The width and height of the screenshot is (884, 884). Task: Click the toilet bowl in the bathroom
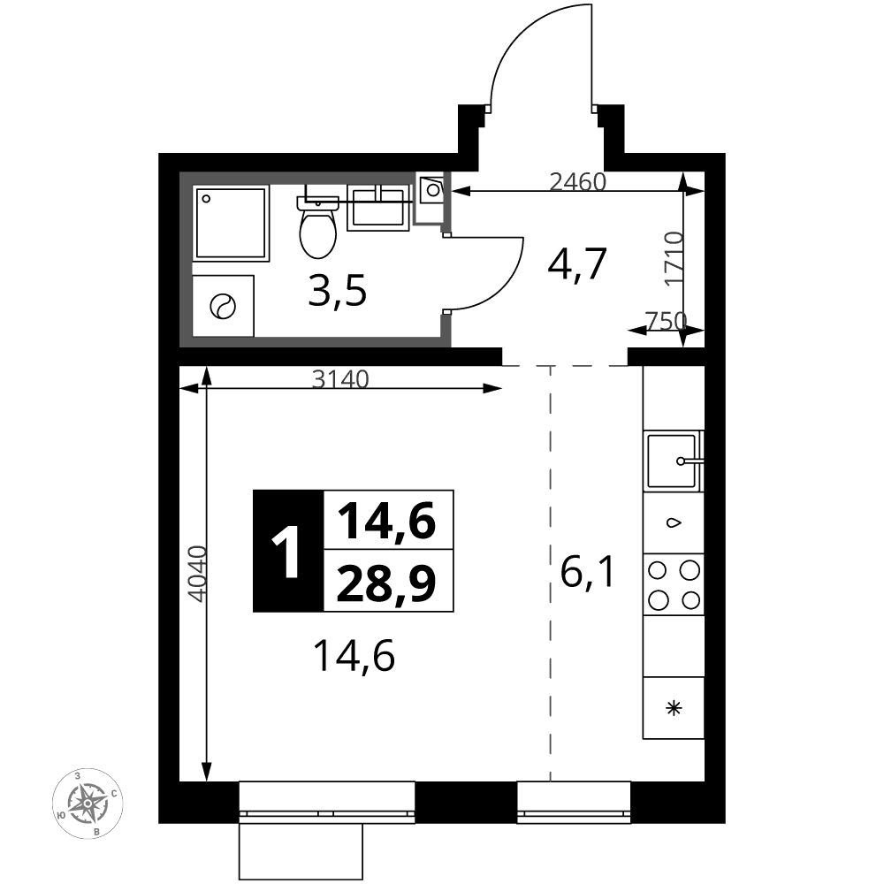pos(318,227)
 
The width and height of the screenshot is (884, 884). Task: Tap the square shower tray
pos(231,224)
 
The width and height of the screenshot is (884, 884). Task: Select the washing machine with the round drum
pos(223,306)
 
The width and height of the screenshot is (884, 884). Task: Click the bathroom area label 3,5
pos(337,291)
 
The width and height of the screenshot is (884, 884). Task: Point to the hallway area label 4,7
pos(576,263)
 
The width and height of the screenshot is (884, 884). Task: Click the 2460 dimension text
pos(577,181)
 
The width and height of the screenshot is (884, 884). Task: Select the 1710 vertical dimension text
pos(674,259)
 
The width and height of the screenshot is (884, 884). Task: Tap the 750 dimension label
pos(666,321)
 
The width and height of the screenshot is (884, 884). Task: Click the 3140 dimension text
pos(340,379)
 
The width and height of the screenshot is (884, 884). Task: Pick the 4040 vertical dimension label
pos(197,574)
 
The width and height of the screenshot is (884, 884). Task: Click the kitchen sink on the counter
pos(673,461)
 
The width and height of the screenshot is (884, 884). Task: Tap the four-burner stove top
pos(674,584)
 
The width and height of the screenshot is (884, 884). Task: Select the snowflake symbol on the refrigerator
pos(674,707)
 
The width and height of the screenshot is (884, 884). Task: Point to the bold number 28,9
pos(386,583)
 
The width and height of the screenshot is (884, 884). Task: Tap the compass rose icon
pos(88,803)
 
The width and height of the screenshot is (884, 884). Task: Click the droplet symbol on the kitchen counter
pos(674,522)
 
